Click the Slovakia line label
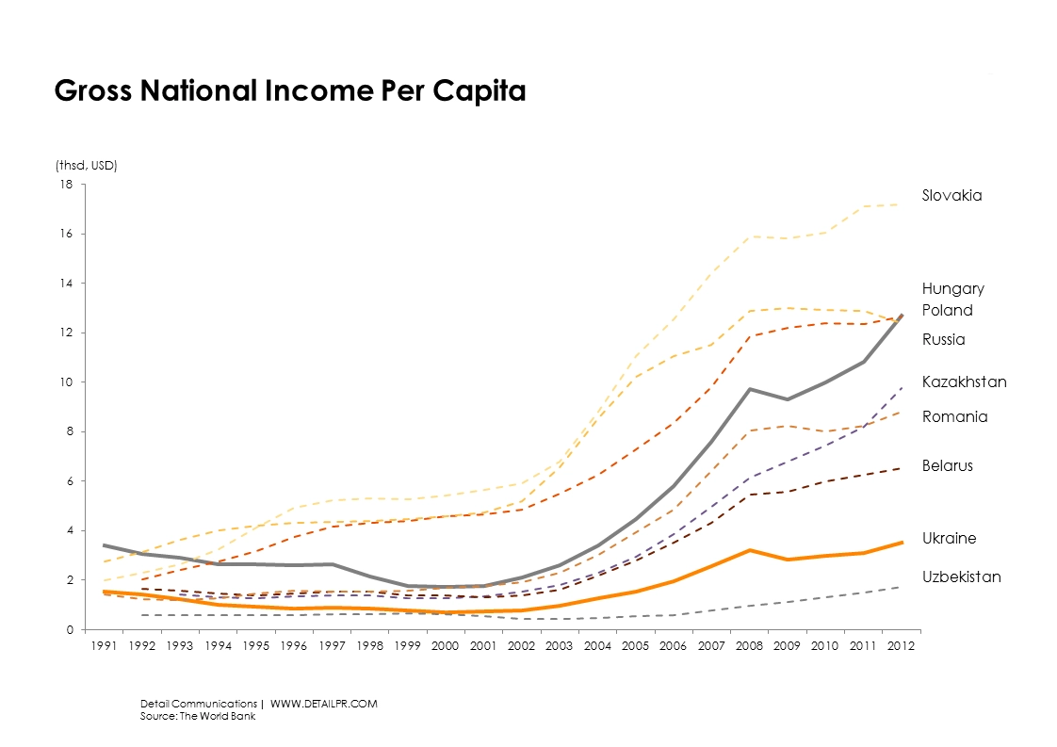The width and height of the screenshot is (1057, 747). pyautogui.click(x=951, y=196)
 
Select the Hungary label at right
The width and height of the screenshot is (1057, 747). pyautogui.click(x=952, y=289)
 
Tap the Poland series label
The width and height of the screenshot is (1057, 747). pyautogui.click(x=947, y=311)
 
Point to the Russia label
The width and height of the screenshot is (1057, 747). pyautogui.click(x=943, y=340)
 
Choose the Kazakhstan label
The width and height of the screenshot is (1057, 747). pyautogui.click(x=964, y=382)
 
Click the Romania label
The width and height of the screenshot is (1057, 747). pyautogui.click(x=954, y=417)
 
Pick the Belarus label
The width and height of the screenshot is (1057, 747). pyautogui.click(x=947, y=466)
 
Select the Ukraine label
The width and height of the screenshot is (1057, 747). pyautogui.click(x=949, y=539)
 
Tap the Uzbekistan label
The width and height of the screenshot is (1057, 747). pyautogui.click(x=961, y=577)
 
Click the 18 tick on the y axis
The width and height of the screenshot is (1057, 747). pyautogui.click(x=67, y=185)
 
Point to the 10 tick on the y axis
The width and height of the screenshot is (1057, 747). pyautogui.click(x=67, y=382)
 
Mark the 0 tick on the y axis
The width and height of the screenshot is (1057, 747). pyautogui.click(x=70, y=629)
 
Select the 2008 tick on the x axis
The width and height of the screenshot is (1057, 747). pyautogui.click(x=749, y=647)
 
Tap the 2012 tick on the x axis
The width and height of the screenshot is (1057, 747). pyautogui.click(x=899, y=647)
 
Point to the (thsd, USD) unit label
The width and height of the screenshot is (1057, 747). pyautogui.click(x=86, y=166)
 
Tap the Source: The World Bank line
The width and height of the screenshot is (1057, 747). pyautogui.click(x=198, y=716)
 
